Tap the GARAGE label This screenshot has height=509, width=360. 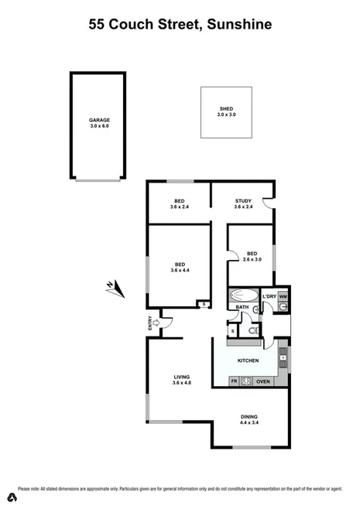point(99,120)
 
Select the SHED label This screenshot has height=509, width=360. point(226,109)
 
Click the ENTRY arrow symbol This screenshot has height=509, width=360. point(158,323)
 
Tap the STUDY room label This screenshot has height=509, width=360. point(244,201)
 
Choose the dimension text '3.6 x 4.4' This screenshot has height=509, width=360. point(180,271)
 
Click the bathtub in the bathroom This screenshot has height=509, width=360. point(243,296)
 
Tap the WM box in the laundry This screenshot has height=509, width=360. point(283,296)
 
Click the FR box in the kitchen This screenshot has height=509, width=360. point(234,381)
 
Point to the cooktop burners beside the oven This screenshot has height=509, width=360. point(247,381)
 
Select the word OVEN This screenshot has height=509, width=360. point(263,381)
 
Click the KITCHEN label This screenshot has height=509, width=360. point(248,361)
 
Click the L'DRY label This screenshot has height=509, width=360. point(269,296)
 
